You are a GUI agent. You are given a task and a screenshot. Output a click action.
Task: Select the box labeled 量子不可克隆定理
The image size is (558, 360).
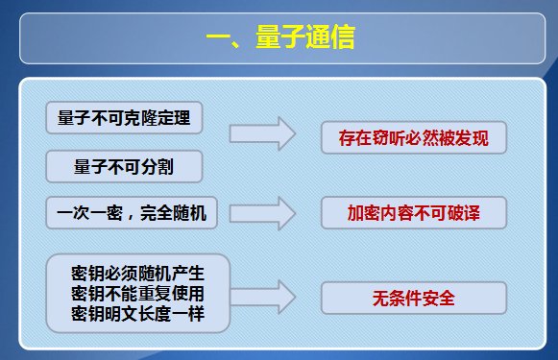coord(124,118)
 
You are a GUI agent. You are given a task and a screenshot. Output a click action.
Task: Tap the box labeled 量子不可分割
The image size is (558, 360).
coord(124,167)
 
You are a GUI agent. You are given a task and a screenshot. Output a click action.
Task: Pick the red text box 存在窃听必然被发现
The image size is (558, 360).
coord(413,138)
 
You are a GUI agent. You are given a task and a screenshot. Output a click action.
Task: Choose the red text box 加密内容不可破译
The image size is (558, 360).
coord(413,214)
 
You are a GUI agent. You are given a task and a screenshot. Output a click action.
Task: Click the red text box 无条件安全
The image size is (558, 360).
coord(413,298)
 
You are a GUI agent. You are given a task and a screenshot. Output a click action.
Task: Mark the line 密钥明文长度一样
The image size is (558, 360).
coord(138,314)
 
